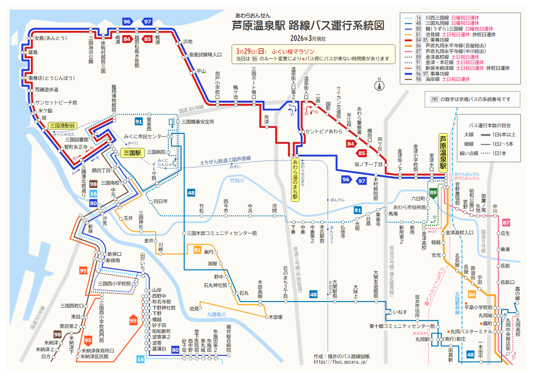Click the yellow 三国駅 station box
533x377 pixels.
pos(132,153)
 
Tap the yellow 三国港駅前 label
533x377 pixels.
pos(62,126)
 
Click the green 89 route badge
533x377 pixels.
pos(433,193)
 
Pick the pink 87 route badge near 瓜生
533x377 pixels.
pos(506,223)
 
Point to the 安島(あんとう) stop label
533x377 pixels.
pos(51,38)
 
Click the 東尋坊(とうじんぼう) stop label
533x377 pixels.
pos(51,78)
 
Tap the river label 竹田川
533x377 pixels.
pos(237,181)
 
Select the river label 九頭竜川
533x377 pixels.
pos(216,315)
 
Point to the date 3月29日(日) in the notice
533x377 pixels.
pos(251,51)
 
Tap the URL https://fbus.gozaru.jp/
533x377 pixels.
pos(340,362)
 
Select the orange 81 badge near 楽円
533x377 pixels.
pos(197,250)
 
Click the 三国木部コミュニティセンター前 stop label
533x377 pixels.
pos(222,233)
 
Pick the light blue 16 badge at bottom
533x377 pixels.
pos(140,359)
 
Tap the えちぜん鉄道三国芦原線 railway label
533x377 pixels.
pos(225,161)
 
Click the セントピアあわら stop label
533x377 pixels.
pos(324,131)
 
